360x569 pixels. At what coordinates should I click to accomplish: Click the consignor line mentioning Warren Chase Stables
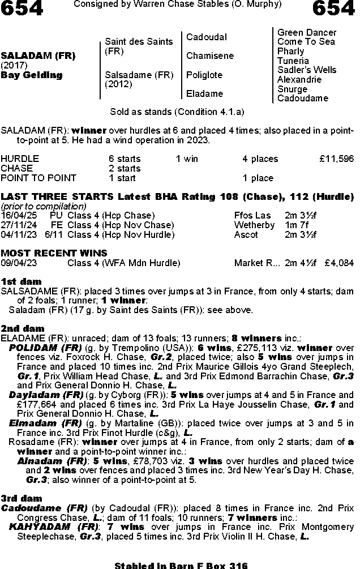177,5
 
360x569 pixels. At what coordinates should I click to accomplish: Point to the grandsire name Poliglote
204,75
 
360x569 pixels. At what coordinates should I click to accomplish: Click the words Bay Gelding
32,75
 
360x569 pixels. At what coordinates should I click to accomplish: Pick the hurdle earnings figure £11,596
336,159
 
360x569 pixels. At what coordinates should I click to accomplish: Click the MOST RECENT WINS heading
54,253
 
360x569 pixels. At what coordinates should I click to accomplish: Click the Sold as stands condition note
177,112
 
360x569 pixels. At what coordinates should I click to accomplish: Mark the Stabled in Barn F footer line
181,565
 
